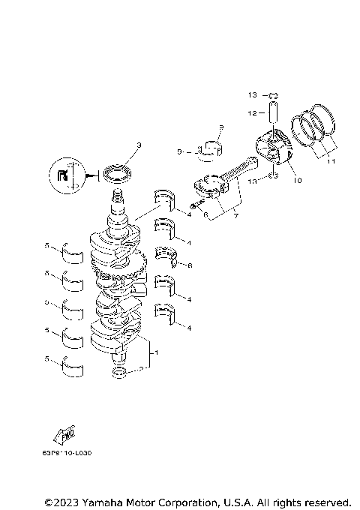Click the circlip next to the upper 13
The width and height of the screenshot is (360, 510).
[274, 95]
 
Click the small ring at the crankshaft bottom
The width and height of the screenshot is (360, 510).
[121, 373]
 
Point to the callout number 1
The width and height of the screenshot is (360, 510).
[156, 352]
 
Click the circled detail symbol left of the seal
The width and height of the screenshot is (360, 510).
[66, 175]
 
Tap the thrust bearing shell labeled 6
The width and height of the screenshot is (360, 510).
[166, 256]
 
